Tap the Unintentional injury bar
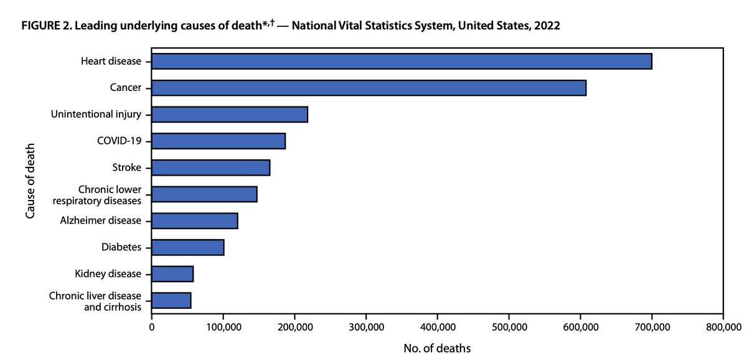(229, 115)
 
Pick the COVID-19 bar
(218, 141)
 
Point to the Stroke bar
(210, 168)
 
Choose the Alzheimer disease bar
(194, 220)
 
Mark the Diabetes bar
(187, 247)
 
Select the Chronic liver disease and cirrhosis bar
(171, 300)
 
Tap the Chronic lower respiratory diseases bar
(204, 194)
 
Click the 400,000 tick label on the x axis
(437, 327)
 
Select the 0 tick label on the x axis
(151, 327)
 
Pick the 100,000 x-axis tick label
(223, 327)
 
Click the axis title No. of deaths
(436, 346)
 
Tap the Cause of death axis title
(31, 181)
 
